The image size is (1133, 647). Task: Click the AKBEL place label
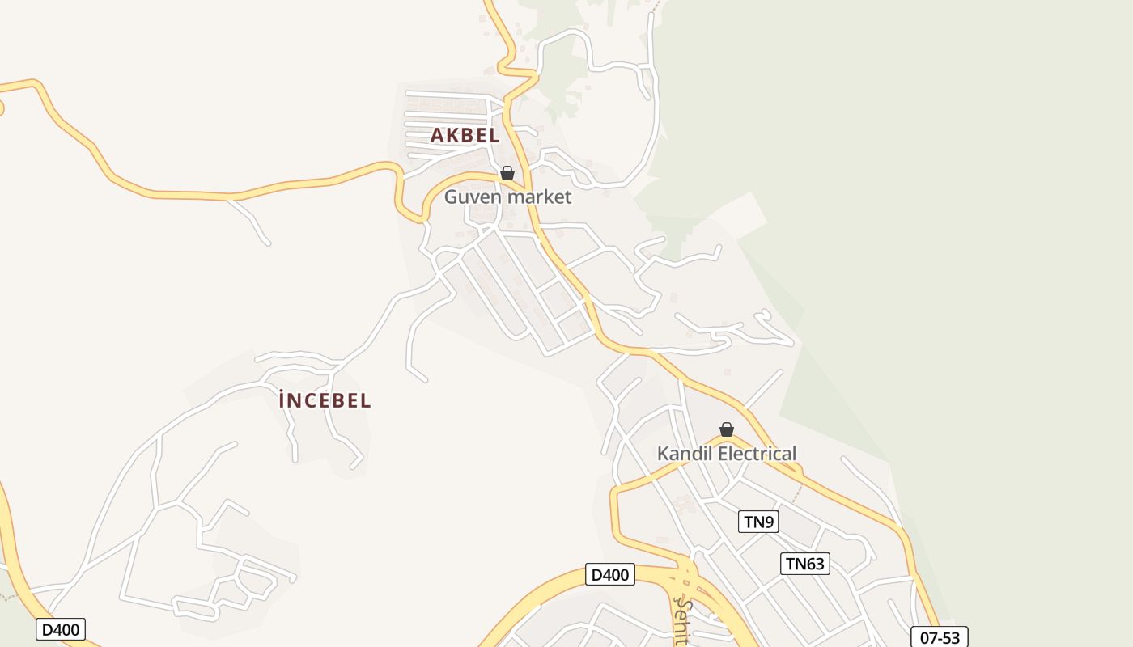click(x=465, y=136)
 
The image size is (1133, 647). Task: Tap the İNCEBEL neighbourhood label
click(x=325, y=400)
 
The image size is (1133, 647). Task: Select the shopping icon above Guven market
click(x=507, y=173)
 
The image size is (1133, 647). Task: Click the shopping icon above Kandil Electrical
click(x=727, y=429)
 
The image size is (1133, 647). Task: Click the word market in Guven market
click(x=539, y=197)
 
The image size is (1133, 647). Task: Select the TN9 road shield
click(x=758, y=522)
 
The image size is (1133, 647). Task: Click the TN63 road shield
click(x=805, y=564)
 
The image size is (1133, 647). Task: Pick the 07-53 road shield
click(x=940, y=637)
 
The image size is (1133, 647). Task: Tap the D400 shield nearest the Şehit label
click(x=610, y=575)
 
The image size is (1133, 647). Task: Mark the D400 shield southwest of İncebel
click(x=61, y=629)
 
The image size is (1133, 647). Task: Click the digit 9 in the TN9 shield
click(x=770, y=522)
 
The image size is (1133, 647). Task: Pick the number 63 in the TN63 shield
click(x=816, y=564)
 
